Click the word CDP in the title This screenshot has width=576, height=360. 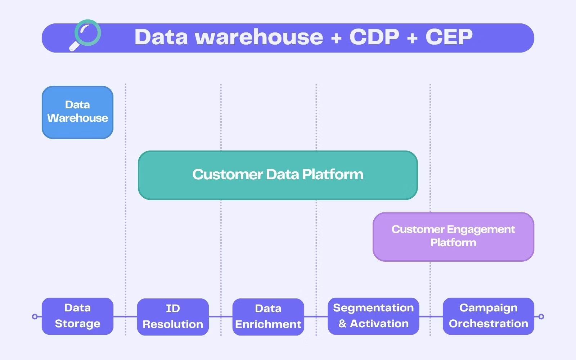[x=374, y=37]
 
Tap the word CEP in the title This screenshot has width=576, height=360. [x=449, y=37]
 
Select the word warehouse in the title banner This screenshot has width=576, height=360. [x=259, y=37]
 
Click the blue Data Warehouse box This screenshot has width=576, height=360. [x=78, y=112]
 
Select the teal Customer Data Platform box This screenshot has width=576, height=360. [x=278, y=175]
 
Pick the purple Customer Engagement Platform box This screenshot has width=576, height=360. [x=453, y=237]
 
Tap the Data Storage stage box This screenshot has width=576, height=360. [x=78, y=316]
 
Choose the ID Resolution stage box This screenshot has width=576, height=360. [x=173, y=317]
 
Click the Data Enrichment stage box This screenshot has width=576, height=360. [x=268, y=317]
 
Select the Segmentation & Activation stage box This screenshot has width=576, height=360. [x=373, y=316]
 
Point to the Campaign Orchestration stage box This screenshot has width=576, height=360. [x=488, y=316]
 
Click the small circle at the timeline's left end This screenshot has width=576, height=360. [x=35, y=317]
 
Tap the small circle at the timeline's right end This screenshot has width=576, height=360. [x=541, y=317]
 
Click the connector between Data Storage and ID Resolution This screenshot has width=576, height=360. [x=125, y=317]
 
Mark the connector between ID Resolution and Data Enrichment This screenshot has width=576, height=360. [x=220, y=317]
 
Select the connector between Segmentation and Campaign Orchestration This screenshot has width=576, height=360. [x=431, y=317]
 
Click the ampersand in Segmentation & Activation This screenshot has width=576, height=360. [x=342, y=324]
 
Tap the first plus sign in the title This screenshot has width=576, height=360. [x=336, y=37]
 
